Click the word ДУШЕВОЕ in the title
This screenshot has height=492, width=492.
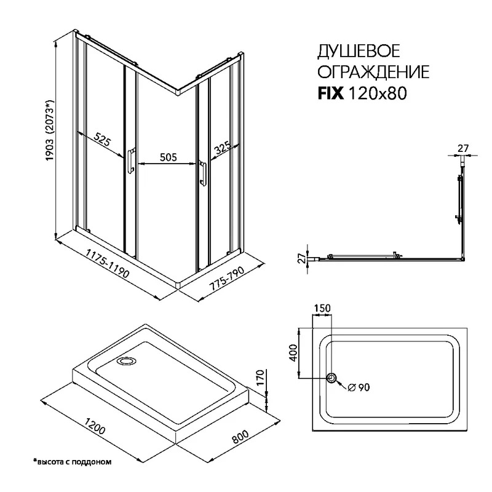[359, 51]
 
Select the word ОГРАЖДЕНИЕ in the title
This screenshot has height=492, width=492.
[373, 72]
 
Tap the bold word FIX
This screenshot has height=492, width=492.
[331, 93]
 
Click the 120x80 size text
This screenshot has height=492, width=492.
[378, 93]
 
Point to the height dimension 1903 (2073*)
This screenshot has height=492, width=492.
[50, 130]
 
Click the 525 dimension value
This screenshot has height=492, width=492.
[103, 140]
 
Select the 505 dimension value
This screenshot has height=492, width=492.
[169, 157]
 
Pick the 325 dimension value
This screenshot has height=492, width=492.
[222, 147]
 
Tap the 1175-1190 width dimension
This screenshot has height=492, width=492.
[108, 263]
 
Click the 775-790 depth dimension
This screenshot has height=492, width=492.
[226, 277]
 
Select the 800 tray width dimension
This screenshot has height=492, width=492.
[240, 436]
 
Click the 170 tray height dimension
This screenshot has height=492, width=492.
[260, 379]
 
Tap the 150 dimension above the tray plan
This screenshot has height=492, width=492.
[322, 308]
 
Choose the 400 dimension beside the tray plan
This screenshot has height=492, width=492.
[293, 352]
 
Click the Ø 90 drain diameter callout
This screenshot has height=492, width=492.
[359, 387]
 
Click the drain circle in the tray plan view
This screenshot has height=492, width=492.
[331, 378]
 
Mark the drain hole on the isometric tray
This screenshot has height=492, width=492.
[127, 361]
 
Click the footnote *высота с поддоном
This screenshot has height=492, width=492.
[73, 462]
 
